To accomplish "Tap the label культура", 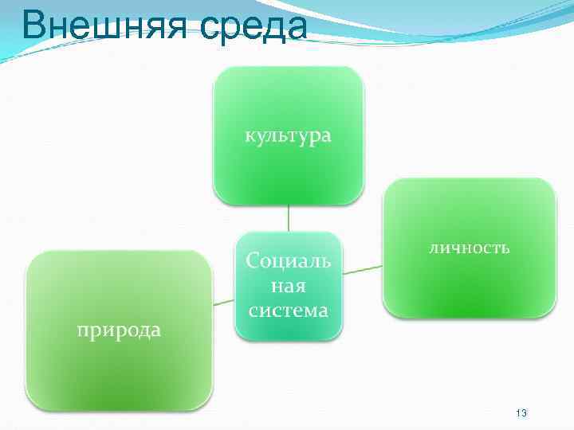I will (x=288, y=136).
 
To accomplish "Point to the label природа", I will (x=119, y=330).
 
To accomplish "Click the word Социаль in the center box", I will (x=288, y=260).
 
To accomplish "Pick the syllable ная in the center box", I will (x=288, y=284).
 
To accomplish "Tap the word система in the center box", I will (x=288, y=310).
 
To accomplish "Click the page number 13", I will (x=521, y=413).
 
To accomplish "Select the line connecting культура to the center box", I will (x=288, y=218).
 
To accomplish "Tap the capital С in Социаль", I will (x=253, y=260).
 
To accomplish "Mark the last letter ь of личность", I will (x=505, y=248).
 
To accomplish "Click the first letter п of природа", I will (x=81, y=330).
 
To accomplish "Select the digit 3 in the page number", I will (x=525, y=413).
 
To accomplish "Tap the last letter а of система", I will (x=323, y=311).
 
